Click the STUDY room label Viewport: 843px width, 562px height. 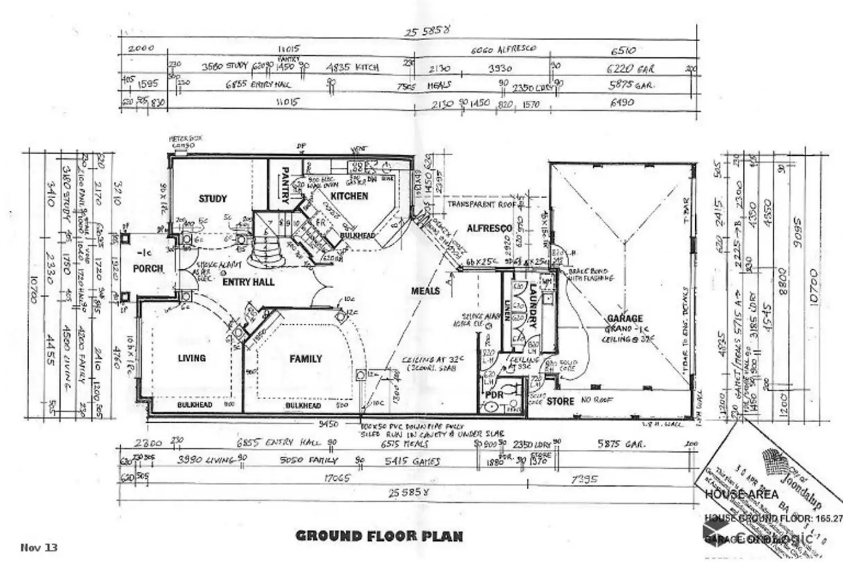212,199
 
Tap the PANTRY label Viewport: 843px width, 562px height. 285,185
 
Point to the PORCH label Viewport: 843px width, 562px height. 148,268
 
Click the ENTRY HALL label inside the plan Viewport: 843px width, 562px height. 248,282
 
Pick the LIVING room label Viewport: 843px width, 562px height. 191,358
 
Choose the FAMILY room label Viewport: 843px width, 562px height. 305,359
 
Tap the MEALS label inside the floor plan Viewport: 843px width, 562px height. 426,290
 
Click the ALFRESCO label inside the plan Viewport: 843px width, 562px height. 489,228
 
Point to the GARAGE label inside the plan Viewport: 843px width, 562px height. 625,318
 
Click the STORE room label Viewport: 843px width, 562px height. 560,401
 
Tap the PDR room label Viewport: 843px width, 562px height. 494,395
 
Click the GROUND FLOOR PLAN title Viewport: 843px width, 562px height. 379,536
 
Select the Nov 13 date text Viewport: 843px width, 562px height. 39,547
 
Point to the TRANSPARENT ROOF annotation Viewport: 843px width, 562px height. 481,204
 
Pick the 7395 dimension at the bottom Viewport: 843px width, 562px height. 584,479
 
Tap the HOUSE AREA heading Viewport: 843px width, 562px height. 742,494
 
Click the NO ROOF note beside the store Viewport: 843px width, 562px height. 597,399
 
